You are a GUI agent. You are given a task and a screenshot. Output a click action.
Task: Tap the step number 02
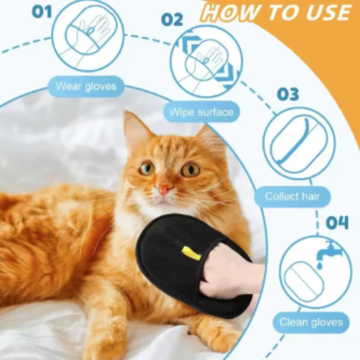tap(172, 19)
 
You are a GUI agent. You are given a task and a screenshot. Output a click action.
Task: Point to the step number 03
tap(288, 94)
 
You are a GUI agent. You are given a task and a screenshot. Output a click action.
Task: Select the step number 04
tap(337, 222)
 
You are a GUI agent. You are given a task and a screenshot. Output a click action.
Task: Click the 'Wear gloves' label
tap(86, 86)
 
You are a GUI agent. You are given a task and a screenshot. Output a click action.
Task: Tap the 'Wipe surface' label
tap(201, 112)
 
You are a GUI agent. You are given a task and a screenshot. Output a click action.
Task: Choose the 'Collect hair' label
tap(292, 197)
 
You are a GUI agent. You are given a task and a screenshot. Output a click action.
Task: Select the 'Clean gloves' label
tap(311, 322)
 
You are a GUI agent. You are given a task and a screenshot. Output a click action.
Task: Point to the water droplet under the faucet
tap(319, 265)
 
